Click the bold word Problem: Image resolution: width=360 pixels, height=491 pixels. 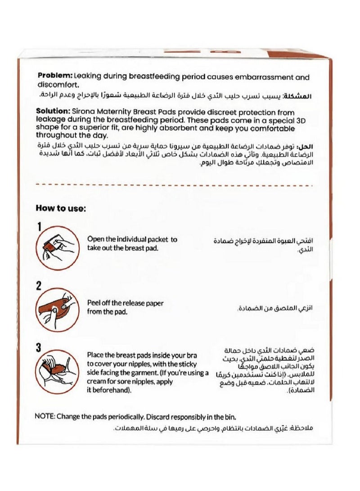[x=54, y=77]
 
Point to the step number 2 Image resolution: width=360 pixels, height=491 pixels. [x=39, y=285]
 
